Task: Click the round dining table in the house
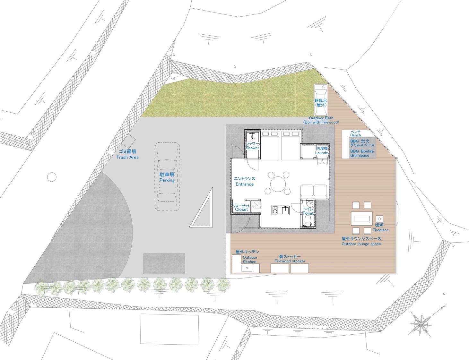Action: (x=278, y=184)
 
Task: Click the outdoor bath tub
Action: (x=321, y=100)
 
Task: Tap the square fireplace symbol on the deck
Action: (x=379, y=219)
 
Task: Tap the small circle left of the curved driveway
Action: (x=52, y=177)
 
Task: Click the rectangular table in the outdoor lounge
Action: (x=362, y=219)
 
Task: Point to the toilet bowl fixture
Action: (x=307, y=221)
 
